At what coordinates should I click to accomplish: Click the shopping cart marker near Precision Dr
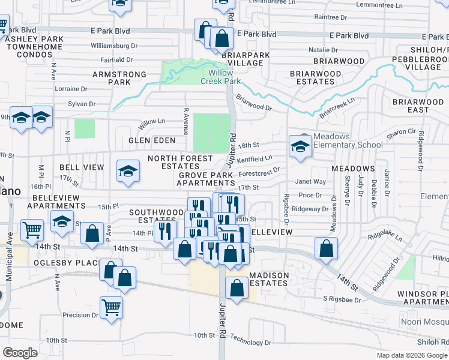point(112,308)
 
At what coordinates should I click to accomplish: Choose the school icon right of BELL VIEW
point(127,172)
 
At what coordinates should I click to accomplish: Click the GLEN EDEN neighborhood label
point(151,140)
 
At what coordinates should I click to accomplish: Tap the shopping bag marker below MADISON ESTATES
point(237,289)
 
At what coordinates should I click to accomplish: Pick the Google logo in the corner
point(20,353)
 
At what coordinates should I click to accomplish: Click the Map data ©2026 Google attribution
point(412,355)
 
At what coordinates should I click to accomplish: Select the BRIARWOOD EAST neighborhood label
point(418,106)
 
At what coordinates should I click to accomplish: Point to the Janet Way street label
point(311,181)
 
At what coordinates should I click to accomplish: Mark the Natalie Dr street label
point(323,50)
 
